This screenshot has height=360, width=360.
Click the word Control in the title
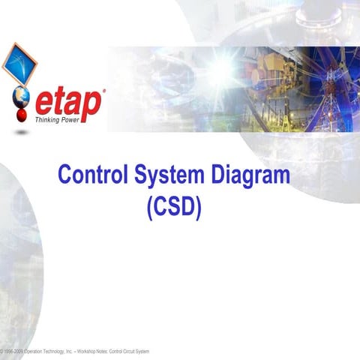91,177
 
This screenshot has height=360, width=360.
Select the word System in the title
168,177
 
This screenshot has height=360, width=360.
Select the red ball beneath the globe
20,115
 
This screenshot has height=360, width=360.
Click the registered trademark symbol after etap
103,91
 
